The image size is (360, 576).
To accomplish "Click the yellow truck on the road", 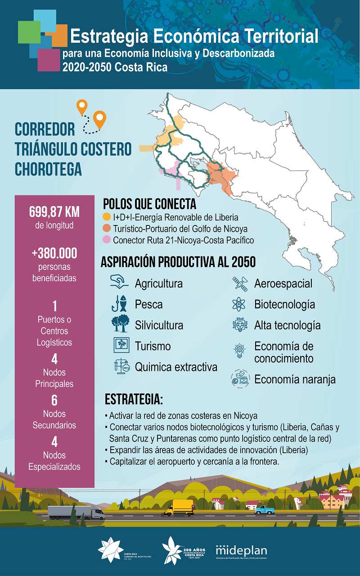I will (x=179, y=508).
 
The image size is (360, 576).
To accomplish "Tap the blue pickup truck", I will (x=264, y=509).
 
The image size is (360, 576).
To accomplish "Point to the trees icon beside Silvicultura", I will (x=120, y=324).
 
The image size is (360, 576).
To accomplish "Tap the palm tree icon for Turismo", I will (x=121, y=346).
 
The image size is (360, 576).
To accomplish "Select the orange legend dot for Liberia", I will (x=107, y=217).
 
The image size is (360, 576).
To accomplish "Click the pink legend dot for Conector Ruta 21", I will (x=107, y=240).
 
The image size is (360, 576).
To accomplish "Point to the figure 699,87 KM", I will (x=54, y=211).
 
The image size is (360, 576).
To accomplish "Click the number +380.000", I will (x=54, y=253).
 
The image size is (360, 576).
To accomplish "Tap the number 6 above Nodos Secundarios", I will (x=54, y=400).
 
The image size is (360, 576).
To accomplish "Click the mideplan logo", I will (x=241, y=551).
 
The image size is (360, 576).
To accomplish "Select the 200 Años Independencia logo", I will (x=180, y=550).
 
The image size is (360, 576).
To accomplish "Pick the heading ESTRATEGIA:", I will (x=134, y=399).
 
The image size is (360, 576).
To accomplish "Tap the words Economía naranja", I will (x=295, y=379).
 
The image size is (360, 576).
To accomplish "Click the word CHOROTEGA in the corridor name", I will (x=49, y=169).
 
